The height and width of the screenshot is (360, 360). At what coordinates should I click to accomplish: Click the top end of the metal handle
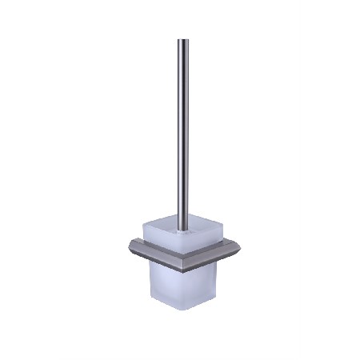click(183, 41)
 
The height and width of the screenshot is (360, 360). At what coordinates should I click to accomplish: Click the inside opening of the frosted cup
click(182, 228)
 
